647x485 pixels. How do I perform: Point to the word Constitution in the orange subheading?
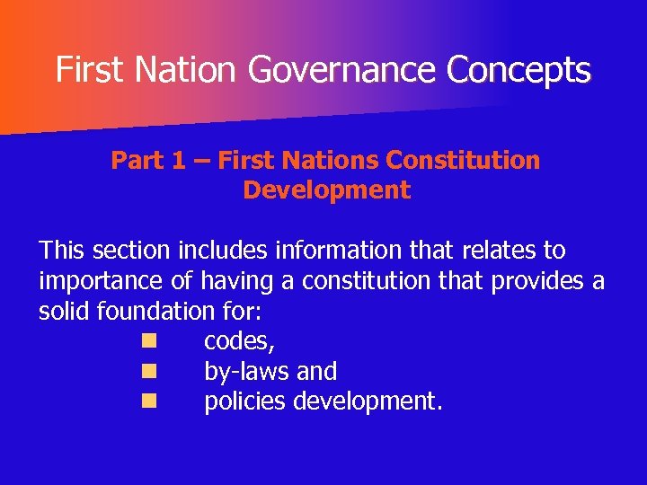463,161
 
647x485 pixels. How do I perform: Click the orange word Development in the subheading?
326,190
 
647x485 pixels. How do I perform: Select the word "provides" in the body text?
536,281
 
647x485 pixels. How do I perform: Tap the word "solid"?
64,312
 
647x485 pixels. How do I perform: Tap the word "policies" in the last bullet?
249,401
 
